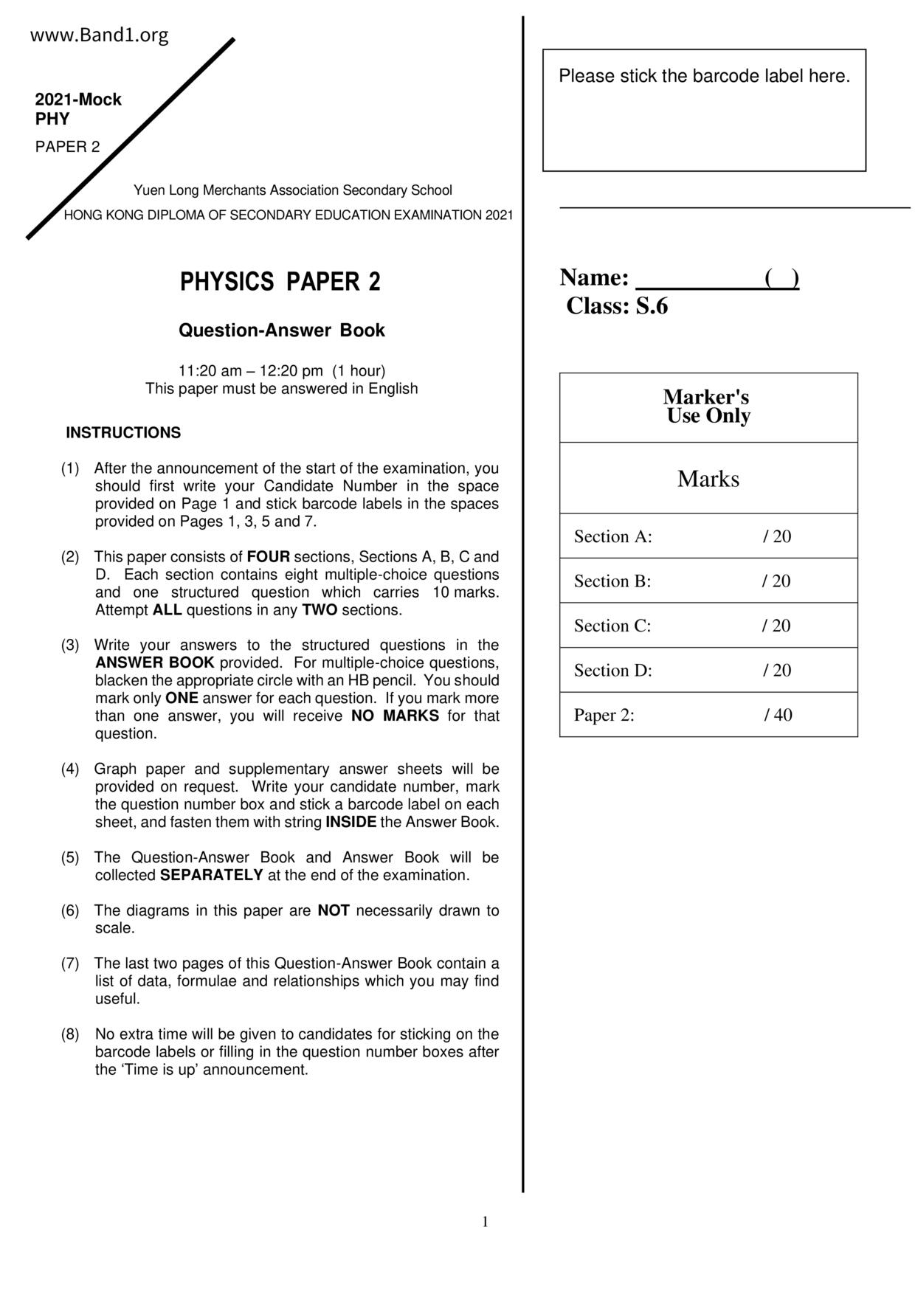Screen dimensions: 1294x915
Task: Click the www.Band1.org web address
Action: (x=99, y=35)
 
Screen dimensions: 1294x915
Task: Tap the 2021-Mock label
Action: (x=78, y=100)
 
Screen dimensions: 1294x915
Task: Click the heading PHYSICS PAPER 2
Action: (x=280, y=282)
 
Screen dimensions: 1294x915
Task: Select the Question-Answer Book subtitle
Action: (x=281, y=331)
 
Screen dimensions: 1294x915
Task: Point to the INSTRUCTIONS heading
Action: (x=123, y=433)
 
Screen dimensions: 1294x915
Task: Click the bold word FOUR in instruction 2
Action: (x=268, y=557)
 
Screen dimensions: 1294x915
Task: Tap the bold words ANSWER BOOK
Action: (x=154, y=662)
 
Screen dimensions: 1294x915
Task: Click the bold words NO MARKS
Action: (x=395, y=716)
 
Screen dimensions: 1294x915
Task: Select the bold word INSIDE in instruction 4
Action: (x=351, y=822)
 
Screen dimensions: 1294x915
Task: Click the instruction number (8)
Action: (x=70, y=1034)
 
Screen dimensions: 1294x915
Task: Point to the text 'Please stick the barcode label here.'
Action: (x=704, y=76)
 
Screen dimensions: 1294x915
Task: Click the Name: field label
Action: (x=594, y=278)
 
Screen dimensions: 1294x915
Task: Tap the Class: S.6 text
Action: (x=617, y=306)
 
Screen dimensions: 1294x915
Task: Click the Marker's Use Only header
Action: (x=708, y=406)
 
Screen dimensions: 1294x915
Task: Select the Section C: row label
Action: (x=612, y=626)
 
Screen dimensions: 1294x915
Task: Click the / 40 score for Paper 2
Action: (x=778, y=715)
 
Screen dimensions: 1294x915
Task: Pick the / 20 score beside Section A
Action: (x=776, y=536)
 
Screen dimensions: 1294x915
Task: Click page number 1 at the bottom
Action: (x=485, y=1222)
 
